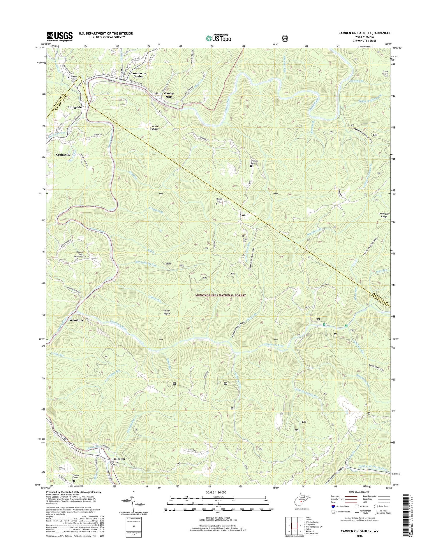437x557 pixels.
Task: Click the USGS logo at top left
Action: tap(59, 36)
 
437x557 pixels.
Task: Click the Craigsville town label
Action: tap(63, 155)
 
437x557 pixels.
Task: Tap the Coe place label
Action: tap(243, 215)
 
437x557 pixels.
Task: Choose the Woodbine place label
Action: tap(76, 320)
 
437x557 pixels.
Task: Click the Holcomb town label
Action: tap(119, 459)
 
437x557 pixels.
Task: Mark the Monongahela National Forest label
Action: tap(221, 295)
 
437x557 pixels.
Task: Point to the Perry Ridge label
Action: tap(166, 312)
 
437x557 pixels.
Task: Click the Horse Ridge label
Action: tap(155, 128)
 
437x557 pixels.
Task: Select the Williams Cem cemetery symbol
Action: tap(251, 166)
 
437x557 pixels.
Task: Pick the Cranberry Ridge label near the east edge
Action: tap(384, 215)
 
